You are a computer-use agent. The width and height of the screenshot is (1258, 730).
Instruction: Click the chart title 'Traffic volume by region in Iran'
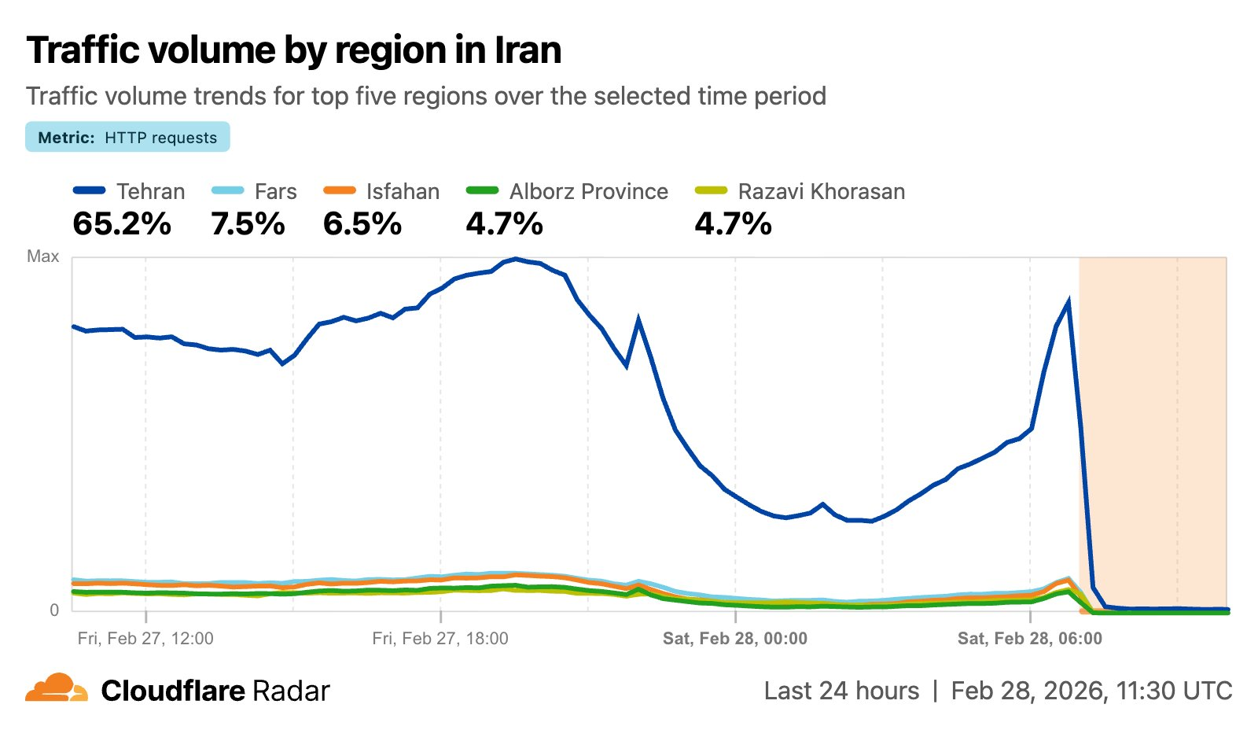tap(294, 50)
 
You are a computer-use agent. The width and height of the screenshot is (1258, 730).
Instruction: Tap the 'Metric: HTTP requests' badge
tap(127, 137)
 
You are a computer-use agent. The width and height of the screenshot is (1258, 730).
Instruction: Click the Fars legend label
tap(275, 191)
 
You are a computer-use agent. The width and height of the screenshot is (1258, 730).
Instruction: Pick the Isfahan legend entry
tap(402, 191)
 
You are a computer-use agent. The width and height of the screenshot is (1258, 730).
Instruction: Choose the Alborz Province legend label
tap(588, 191)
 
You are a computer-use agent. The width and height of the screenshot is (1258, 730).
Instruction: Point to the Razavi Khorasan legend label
tap(821, 191)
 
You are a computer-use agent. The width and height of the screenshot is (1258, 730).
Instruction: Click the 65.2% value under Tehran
tap(122, 224)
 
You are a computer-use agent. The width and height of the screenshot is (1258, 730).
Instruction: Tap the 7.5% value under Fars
tap(248, 224)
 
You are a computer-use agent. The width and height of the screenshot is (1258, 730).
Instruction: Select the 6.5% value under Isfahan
tap(362, 224)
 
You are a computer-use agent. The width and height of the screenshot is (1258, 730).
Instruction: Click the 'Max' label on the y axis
tap(42, 256)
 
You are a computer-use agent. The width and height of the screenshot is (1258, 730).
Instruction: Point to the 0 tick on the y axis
tap(54, 610)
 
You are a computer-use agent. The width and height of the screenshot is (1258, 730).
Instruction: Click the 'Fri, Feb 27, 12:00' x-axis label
tap(145, 638)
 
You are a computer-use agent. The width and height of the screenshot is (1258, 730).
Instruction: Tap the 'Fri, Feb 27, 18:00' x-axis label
tap(440, 638)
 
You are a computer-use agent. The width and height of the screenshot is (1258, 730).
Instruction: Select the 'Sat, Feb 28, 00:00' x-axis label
tap(735, 638)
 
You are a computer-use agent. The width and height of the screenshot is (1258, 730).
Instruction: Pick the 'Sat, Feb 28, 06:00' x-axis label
tap(1030, 638)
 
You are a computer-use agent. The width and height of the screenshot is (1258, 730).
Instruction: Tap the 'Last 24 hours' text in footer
tap(841, 691)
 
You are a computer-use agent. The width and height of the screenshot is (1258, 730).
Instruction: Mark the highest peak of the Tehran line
tap(515, 258)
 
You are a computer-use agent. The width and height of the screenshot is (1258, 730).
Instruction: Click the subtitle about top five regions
tap(426, 96)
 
